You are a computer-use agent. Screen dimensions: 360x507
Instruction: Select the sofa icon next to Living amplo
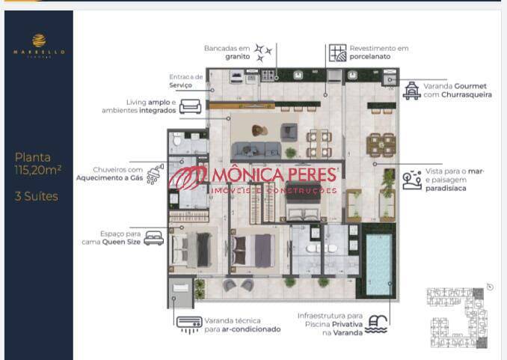click(x=190, y=106)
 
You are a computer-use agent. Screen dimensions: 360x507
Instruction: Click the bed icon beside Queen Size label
click(x=153, y=238)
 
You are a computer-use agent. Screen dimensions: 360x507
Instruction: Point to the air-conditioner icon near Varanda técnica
click(x=188, y=324)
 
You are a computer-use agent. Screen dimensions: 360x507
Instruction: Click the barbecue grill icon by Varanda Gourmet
click(x=411, y=91)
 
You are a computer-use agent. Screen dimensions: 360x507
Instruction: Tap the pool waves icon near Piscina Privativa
click(x=378, y=324)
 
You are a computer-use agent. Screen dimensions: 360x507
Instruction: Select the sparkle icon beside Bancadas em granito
click(x=262, y=52)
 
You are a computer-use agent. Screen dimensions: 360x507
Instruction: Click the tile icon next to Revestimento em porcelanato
click(x=338, y=52)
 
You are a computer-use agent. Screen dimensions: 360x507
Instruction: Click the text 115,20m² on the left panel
click(x=38, y=171)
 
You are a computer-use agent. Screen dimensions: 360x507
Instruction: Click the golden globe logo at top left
click(x=39, y=40)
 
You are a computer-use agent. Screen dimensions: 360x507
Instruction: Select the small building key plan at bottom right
click(x=455, y=317)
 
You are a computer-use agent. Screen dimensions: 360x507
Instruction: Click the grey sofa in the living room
click(x=253, y=149)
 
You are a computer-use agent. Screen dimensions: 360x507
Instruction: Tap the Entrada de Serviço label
click(x=186, y=81)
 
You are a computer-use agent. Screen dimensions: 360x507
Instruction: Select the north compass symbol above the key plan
click(x=489, y=286)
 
